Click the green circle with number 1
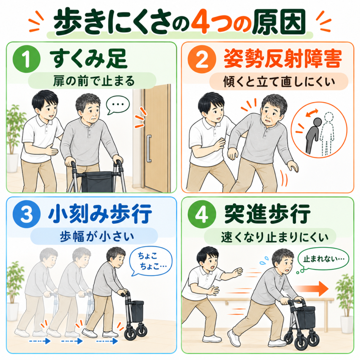27,59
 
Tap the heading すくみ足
88,59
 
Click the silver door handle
149,149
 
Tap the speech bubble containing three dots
117,105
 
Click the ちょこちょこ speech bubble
150,262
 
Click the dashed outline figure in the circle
327,134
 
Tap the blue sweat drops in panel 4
264,261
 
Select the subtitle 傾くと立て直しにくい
279,82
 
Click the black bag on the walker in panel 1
98,182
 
